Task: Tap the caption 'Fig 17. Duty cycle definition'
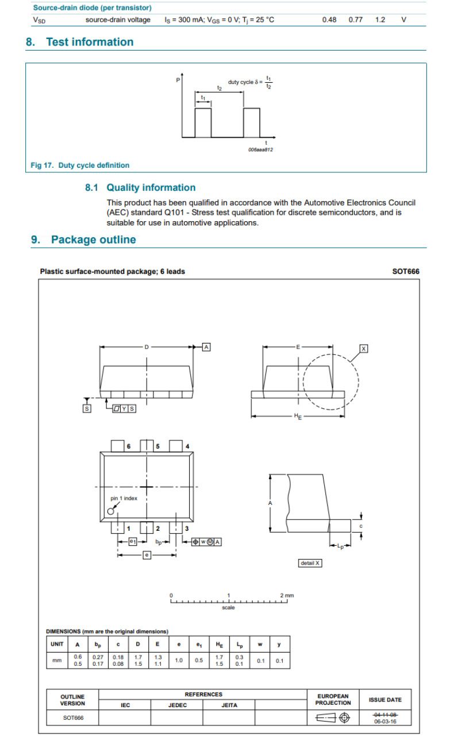click(x=80, y=165)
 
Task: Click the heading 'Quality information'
click(x=151, y=188)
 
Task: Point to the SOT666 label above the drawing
click(x=405, y=271)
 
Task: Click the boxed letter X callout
click(x=363, y=348)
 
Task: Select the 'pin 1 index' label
click(x=124, y=498)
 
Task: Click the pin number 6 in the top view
click(x=129, y=446)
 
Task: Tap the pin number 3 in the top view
click(x=187, y=528)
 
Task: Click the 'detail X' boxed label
click(x=310, y=563)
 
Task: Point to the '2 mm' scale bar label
click(x=286, y=595)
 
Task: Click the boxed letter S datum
click(x=87, y=408)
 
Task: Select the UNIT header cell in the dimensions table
click(x=56, y=644)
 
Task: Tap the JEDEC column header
click(x=177, y=705)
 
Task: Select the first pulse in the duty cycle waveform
click(x=203, y=122)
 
